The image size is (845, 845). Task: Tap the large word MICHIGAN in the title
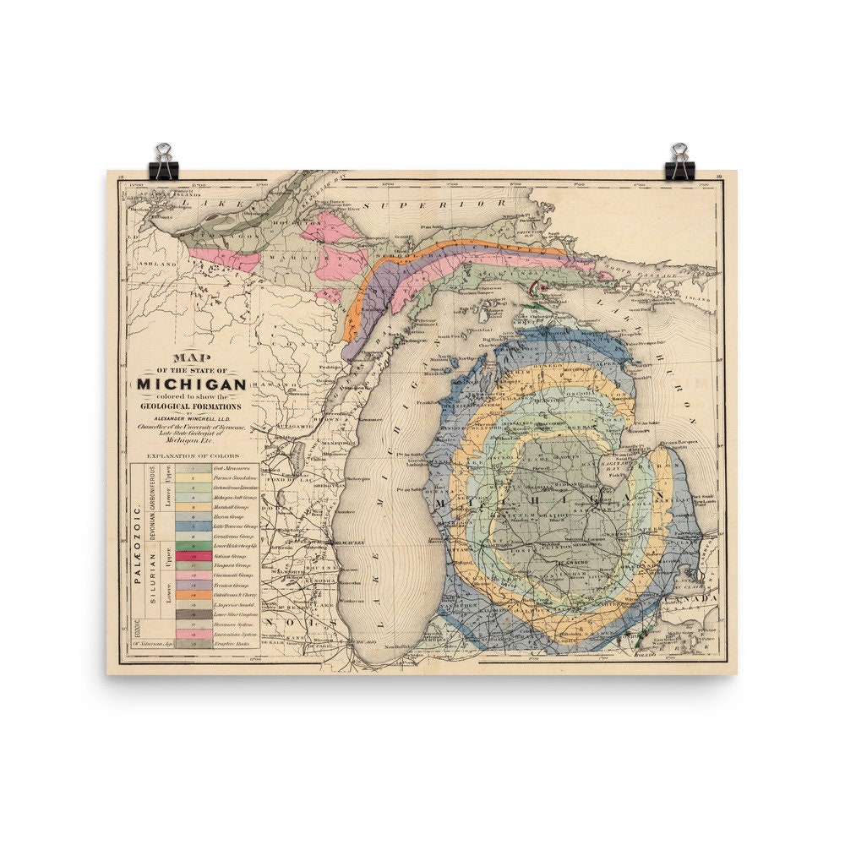[x=192, y=384]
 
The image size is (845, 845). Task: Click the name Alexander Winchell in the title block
[x=192, y=417]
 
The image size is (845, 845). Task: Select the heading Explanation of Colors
[x=193, y=456]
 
